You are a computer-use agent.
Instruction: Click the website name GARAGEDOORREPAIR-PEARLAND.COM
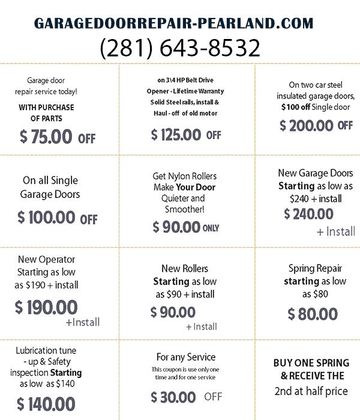173,23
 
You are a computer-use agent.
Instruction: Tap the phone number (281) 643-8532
180,47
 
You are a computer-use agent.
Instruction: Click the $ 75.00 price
46,137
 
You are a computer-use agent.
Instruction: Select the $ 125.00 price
176,134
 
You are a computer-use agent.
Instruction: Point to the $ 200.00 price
307,125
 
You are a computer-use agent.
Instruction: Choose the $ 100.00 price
46,217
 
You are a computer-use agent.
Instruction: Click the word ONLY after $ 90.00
211,228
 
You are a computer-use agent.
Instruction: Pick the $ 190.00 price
46,307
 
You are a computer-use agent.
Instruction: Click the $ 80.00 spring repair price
313,314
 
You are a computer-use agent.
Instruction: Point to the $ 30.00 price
173,397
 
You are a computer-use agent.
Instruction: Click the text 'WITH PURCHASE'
46,107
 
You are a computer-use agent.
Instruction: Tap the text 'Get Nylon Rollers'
184,176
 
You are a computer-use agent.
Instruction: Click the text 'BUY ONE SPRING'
311,363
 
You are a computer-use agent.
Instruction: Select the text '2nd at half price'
311,391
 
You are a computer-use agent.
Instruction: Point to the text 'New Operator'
46,259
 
